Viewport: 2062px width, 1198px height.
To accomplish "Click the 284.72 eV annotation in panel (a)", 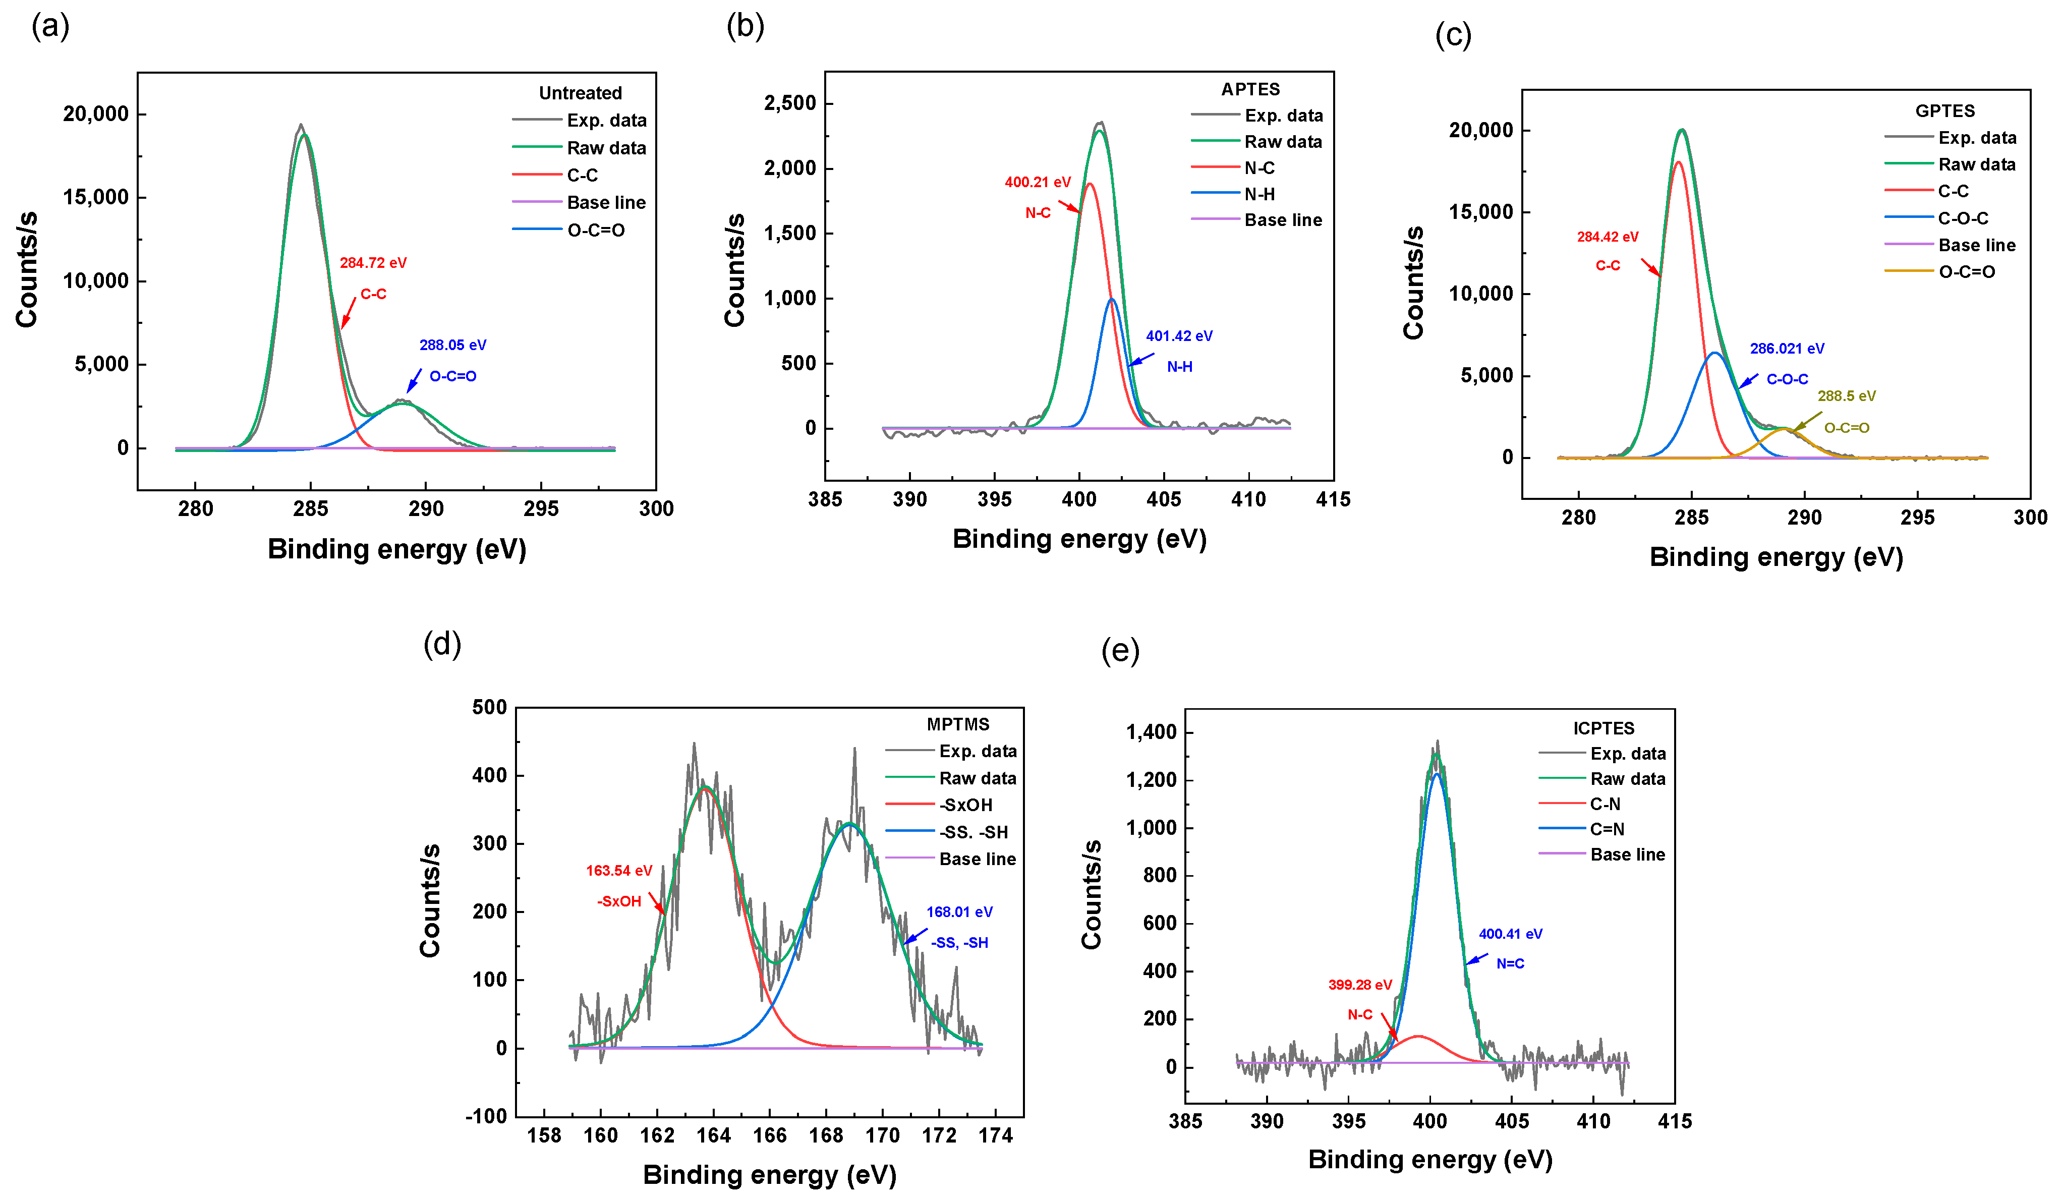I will tap(373, 263).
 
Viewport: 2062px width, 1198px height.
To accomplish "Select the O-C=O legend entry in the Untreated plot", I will tap(596, 231).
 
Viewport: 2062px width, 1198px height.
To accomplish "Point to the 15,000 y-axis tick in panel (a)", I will tap(96, 197).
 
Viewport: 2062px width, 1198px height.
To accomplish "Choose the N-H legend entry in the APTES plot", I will tap(1259, 194).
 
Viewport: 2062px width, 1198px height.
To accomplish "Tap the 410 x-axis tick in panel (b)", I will tap(1248, 499).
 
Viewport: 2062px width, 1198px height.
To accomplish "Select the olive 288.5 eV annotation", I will tap(1846, 396).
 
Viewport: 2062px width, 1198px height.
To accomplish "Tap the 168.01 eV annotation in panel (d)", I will tap(959, 911).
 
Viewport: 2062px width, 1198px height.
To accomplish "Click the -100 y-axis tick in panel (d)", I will tap(486, 1116).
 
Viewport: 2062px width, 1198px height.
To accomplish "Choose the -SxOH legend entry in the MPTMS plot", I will tap(965, 805).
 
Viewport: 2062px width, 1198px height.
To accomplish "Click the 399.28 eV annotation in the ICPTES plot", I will tap(1359, 985).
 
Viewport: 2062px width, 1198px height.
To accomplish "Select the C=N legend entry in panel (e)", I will tap(1606, 829).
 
